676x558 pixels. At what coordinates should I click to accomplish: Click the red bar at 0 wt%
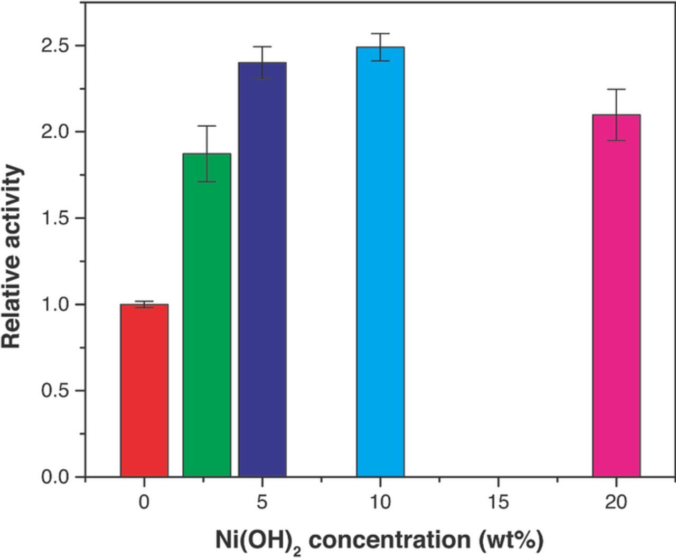[144, 391]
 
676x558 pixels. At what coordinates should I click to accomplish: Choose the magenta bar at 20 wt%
[616, 296]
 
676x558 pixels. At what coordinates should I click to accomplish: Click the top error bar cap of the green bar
[206, 126]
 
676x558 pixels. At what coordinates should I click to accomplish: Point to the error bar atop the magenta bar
[616, 115]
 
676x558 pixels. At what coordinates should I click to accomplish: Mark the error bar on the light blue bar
[380, 47]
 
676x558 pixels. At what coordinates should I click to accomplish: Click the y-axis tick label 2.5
[55, 46]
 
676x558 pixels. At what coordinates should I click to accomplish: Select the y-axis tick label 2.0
[55, 132]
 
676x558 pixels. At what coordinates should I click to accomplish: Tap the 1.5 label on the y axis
[55, 218]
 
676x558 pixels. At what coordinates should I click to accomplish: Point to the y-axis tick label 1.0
[55, 305]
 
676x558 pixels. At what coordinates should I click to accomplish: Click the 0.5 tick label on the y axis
[55, 391]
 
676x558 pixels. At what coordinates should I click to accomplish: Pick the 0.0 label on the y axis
[55, 477]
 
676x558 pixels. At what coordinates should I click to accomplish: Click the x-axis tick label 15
[498, 502]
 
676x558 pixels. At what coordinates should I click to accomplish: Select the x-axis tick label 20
[616, 502]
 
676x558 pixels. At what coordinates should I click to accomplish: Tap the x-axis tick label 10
[380, 502]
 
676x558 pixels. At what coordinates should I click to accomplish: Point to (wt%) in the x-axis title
[511, 540]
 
